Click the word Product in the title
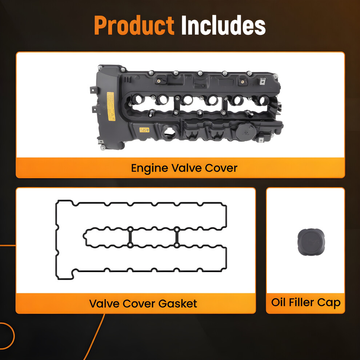point(134,25)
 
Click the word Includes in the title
point(223,25)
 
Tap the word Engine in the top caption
point(149,168)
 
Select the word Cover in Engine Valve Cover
point(221,168)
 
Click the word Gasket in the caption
point(177,304)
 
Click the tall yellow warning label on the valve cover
point(111,106)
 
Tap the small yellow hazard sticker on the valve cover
point(144,130)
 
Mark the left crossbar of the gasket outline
point(130,237)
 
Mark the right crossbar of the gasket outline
point(177,237)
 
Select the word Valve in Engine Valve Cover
point(187,168)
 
